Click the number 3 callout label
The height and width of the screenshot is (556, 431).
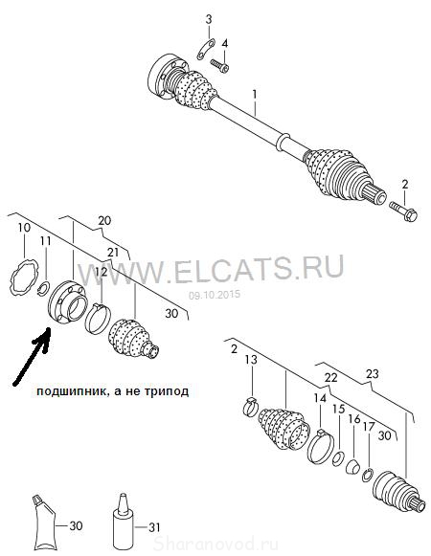[x=209, y=19]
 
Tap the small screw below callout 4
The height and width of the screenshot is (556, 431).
[x=219, y=66]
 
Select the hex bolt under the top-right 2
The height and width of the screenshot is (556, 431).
[x=403, y=211]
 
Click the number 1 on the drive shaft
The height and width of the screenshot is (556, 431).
[x=254, y=94]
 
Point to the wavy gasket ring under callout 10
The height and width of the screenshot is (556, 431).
[x=23, y=277]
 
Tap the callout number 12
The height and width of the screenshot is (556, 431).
[x=102, y=273]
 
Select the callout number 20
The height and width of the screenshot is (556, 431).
[x=104, y=220]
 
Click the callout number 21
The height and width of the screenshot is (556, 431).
[x=113, y=253]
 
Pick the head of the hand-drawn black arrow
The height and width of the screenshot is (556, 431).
[x=44, y=338]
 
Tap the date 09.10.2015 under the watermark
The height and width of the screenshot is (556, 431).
[x=215, y=295]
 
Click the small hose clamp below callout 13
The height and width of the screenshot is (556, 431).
[x=251, y=407]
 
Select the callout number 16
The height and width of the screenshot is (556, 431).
[x=354, y=419]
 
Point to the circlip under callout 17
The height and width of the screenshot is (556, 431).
[x=368, y=476]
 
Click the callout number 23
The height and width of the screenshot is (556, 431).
[x=372, y=374]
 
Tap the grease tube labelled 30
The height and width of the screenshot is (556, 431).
[x=44, y=519]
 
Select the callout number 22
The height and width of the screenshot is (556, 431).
[x=330, y=378]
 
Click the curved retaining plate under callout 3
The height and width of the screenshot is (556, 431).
[x=206, y=50]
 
